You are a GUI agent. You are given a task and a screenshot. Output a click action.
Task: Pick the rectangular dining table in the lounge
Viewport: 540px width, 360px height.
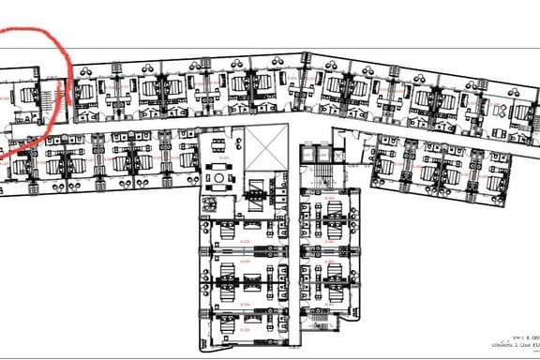point(218,147)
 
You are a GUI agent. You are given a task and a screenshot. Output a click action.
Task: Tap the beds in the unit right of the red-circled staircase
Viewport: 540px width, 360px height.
point(82,94)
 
